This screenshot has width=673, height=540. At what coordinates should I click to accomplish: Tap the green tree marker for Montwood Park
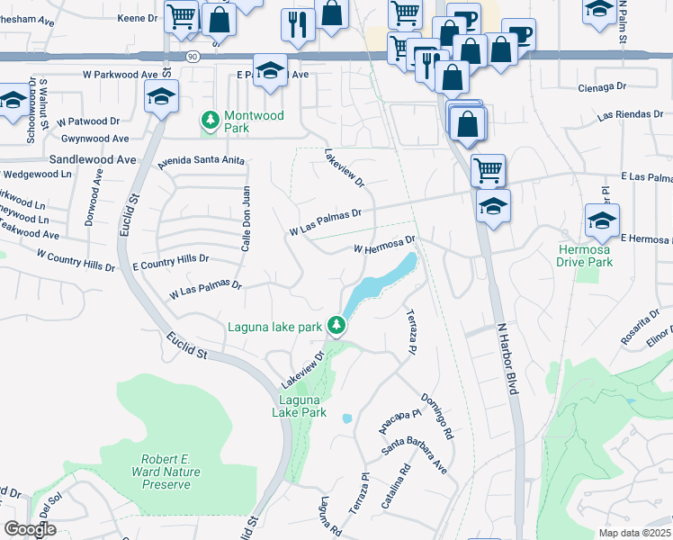tap(211, 120)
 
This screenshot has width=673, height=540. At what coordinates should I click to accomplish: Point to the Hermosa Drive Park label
tap(597, 256)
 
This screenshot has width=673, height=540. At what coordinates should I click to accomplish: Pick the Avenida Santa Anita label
tap(201, 162)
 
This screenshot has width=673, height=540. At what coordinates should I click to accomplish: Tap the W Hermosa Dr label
tap(384, 244)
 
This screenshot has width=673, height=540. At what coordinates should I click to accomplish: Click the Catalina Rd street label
tap(395, 487)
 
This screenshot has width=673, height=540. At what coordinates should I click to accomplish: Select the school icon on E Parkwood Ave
tap(268, 70)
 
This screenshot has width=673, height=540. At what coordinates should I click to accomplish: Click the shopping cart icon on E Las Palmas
tap(487, 168)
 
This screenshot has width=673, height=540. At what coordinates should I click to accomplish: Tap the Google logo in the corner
tap(30, 529)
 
